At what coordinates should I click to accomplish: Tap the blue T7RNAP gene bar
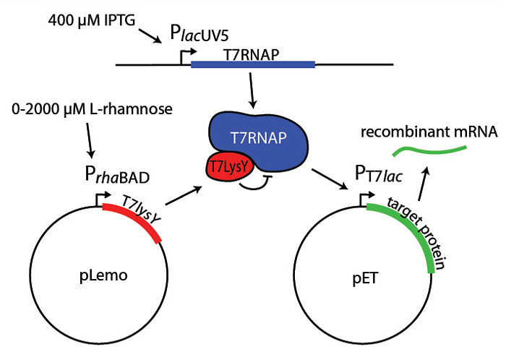click(x=252, y=66)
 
